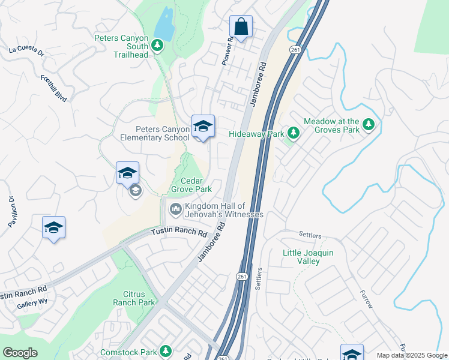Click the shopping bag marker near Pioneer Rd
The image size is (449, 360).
[241, 27]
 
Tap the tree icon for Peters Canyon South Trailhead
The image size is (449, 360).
[158, 45]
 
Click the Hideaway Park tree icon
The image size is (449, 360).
[293, 132]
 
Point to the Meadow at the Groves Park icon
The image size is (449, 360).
[369, 125]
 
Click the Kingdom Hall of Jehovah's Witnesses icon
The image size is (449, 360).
[176, 209]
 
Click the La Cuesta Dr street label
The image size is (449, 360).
[26, 51]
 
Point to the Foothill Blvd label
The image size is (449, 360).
[53, 88]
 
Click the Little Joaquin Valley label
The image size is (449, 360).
[308, 257]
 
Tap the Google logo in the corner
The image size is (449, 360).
[20, 353]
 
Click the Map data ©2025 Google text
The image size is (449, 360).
[411, 355]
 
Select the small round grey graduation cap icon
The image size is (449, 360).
[135, 191]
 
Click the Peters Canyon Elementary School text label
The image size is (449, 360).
[154, 133]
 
